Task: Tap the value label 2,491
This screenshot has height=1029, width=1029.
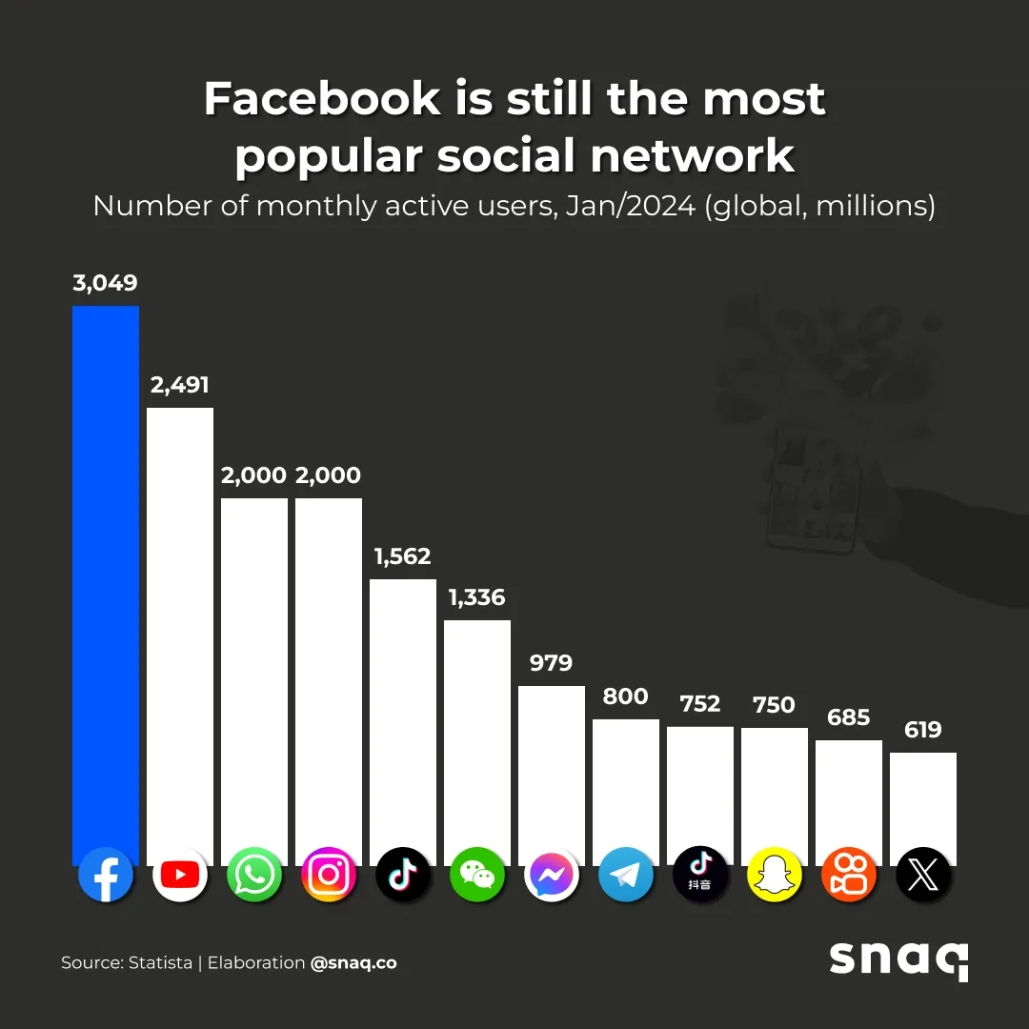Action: pyautogui.click(x=179, y=385)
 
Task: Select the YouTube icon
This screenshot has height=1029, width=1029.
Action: pyautogui.click(x=180, y=874)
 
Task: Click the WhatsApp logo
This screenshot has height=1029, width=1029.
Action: pyautogui.click(x=254, y=874)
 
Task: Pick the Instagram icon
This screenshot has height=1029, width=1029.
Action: pyautogui.click(x=329, y=874)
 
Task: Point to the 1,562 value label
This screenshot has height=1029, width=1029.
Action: pyautogui.click(x=402, y=556)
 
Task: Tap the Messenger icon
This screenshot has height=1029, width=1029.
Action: pyautogui.click(x=552, y=874)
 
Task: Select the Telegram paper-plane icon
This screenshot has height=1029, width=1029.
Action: pyautogui.click(x=626, y=874)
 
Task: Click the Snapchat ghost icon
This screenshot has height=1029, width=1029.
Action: pyautogui.click(x=775, y=874)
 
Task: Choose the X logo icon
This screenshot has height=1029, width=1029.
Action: pyautogui.click(x=923, y=874)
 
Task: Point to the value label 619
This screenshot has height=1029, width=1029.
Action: pyautogui.click(x=923, y=730)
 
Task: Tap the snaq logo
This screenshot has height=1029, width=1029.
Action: pyautogui.click(x=898, y=958)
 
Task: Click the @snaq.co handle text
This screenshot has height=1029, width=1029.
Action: pyautogui.click(x=353, y=962)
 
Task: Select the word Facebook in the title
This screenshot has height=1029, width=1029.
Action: pyautogui.click(x=322, y=99)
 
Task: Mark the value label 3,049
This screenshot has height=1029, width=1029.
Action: pyautogui.click(x=106, y=283)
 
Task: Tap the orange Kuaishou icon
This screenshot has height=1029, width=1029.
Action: pyautogui.click(x=849, y=874)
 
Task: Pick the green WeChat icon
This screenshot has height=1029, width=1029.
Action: pyautogui.click(x=477, y=874)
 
